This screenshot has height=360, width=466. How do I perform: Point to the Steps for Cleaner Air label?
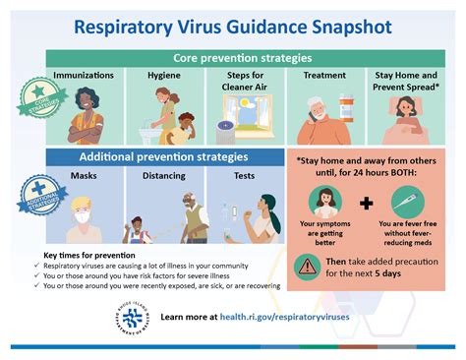pyautogui.click(x=245, y=82)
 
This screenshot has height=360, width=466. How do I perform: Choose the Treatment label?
pyautogui.click(x=323, y=76)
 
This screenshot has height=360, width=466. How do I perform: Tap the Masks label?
pyautogui.click(x=83, y=176)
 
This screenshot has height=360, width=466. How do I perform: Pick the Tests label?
pyautogui.click(x=244, y=176)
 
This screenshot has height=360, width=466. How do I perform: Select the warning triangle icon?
pyautogui.click(x=310, y=267)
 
